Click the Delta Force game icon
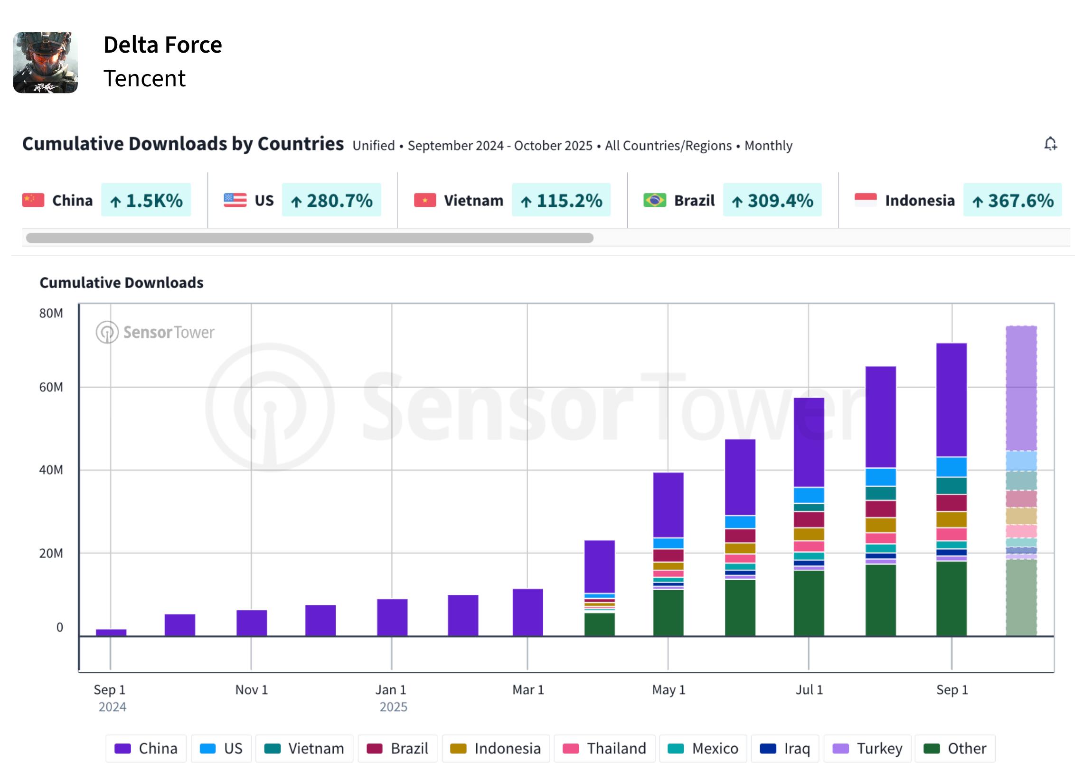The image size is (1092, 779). point(45,62)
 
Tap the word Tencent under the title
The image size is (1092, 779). point(144,78)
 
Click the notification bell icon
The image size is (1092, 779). point(1050,144)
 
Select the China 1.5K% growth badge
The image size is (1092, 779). point(146,200)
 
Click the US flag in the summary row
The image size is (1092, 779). point(235,200)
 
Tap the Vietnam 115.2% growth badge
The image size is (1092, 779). point(561,200)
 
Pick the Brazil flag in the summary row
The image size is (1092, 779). point(655,200)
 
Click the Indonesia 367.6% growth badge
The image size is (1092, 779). point(1012,200)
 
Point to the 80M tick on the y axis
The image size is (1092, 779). point(51,313)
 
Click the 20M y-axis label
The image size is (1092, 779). point(51,553)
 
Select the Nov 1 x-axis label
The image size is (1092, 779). point(252,690)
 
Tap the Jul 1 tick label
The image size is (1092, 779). point(810,690)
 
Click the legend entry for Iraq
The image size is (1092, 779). point(786,748)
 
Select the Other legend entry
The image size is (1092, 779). point(955,748)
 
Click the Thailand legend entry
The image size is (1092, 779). point(604,748)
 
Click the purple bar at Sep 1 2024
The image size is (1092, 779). point(112,633)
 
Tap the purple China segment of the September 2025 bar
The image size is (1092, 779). point(951,400)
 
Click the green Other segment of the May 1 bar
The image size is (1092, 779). point(668,613)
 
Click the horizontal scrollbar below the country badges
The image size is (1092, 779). point(310,238)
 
